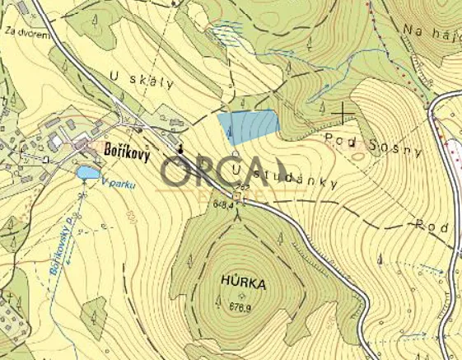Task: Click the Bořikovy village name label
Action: point(127,154)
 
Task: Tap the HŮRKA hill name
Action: point(243,283)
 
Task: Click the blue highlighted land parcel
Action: point(248,128)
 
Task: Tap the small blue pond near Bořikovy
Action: point(87,173)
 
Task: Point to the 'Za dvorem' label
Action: point(22,33)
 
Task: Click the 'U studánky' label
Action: point(285,176)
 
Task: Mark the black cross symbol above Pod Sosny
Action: point(342,110)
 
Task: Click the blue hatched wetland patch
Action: point(226,32)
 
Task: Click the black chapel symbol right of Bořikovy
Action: point(180,149)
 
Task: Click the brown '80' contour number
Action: point(130,219)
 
